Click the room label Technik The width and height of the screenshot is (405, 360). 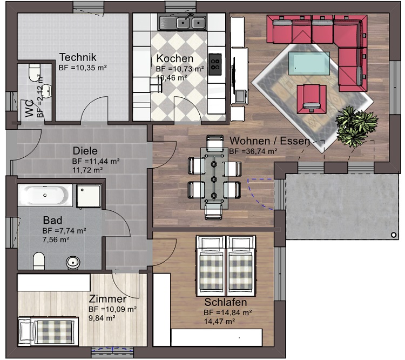[x=77, y=57]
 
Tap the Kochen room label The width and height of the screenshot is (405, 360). [x=174, y=58]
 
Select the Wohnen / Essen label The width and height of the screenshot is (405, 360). [x=269, y=141]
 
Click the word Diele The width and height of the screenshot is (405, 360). [x=85, y=151]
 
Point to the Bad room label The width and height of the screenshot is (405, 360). [x=52, y=221]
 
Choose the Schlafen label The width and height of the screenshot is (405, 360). [x=225, y=302]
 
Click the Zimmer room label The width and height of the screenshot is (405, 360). [x=107, y=299]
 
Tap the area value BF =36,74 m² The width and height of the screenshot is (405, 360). [x=253, y=151]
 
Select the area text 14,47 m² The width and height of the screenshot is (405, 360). [x=219, y=321]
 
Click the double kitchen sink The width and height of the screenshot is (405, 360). [x=183, y=23]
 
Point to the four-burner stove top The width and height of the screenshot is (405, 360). [x=215, y=63]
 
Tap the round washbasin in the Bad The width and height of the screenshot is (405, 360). [x=73, y=262]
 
